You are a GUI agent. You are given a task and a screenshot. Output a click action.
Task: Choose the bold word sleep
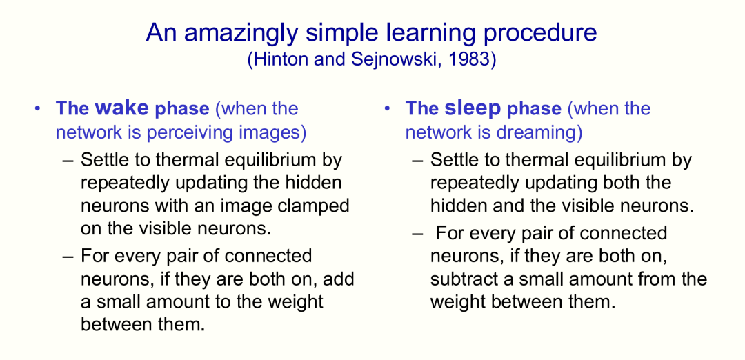click(473, 108)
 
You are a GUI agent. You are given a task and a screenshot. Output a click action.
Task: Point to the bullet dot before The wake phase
click(38, 109)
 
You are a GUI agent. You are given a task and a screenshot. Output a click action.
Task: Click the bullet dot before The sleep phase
click(387, 109)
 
